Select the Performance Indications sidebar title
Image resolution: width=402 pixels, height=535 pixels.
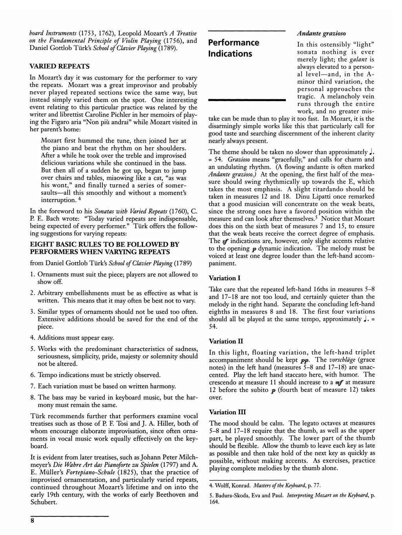pos(234,47)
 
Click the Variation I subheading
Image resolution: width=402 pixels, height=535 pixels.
pos(225,278)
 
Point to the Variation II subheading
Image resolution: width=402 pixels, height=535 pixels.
pos(226,341)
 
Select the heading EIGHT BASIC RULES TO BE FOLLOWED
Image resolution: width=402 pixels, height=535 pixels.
pos(105,248)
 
